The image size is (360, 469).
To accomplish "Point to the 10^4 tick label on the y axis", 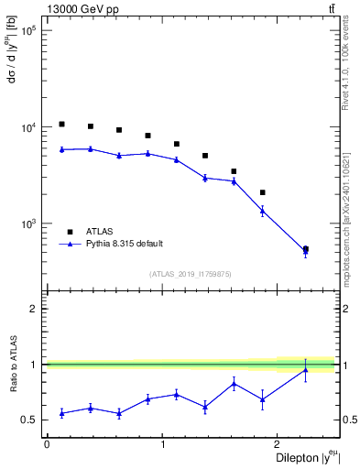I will [x=28, y=127].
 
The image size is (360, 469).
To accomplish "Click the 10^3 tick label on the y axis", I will [x=28, y=224].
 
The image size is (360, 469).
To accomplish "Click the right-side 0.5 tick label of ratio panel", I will [x=348, y=420].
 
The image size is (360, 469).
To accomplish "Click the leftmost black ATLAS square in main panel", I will [x=61, y=124].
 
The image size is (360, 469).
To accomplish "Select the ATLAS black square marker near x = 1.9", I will [x=263, y=192].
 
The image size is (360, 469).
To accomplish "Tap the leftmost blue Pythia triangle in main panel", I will [x=61, y=149].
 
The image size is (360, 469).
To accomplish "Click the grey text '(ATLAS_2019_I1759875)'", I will [x=191, y=273].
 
